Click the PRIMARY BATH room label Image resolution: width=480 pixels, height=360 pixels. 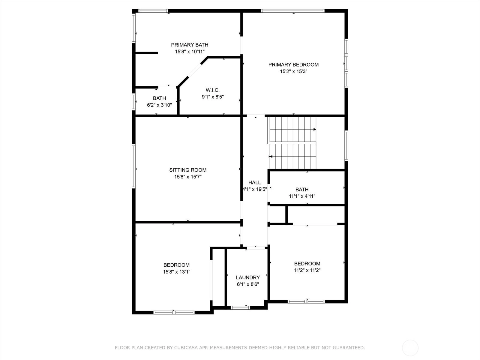[190, 45]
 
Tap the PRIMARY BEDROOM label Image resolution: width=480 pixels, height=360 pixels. [293, 65]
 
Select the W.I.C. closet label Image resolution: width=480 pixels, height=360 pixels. [213, 90]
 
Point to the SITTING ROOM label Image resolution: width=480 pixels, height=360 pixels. [188, 170]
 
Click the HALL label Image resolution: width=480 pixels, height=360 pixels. [254, 182]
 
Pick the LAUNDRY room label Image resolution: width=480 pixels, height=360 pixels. [248, 277]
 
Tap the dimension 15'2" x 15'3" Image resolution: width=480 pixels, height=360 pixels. [294, 71]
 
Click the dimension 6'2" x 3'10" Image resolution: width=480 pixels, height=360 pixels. [159, 105]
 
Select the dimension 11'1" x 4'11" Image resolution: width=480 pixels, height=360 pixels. [302, 196]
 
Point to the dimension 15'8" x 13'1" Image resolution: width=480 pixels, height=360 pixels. [176, 272]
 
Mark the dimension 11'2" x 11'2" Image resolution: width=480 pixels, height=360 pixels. [307, 270]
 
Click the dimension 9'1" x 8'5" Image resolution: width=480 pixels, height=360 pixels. [213, 97]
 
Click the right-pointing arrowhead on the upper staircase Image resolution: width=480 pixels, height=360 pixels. [315, 129]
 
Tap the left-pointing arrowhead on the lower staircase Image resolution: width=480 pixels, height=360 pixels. [271, 157]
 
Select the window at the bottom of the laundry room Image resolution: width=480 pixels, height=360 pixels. [240, 308]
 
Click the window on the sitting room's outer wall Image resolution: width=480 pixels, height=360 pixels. [133, 166]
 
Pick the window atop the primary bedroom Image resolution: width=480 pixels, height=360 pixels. [293, 11]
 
